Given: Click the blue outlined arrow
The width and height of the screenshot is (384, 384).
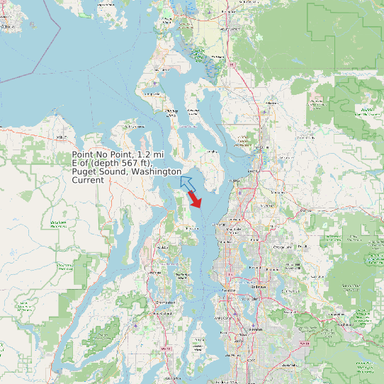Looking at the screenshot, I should (x=188, y=183).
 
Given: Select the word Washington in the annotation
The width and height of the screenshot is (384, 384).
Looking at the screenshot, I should (x=155, y=171).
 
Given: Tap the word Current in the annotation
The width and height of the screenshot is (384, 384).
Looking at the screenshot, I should (x=88, y=180).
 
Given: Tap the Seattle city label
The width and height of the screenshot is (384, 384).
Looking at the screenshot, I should (x=229, y=291).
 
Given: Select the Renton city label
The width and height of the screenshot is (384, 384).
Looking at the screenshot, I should (x=256, y=330).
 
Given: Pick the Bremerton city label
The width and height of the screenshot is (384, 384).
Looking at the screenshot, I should (x=164, y=302).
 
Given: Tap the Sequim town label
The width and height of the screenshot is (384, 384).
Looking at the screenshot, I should (x=62, y=135).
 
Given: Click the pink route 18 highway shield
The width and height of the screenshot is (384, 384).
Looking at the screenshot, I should (x=305, y=343).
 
